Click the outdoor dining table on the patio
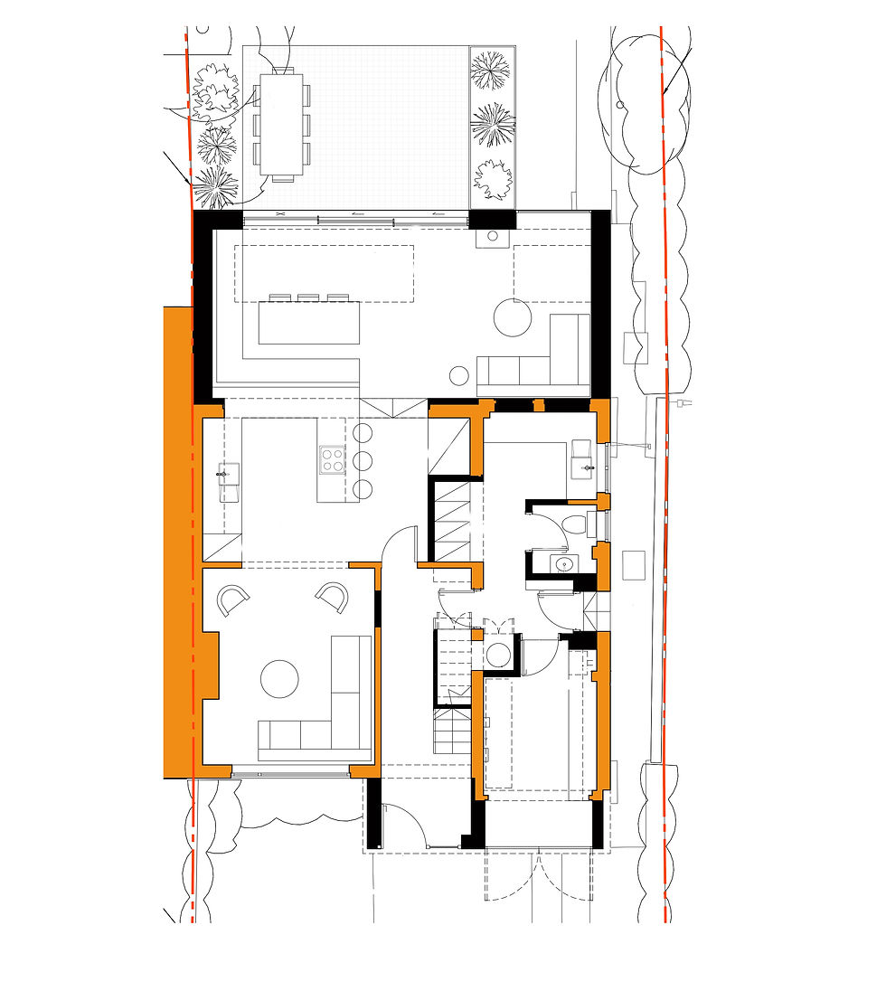281,127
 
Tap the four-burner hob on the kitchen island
333,460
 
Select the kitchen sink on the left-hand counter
227,473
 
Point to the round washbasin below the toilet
565,563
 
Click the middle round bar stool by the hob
363,460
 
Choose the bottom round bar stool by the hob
363,490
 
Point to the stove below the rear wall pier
493,237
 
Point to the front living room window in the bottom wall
290,773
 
